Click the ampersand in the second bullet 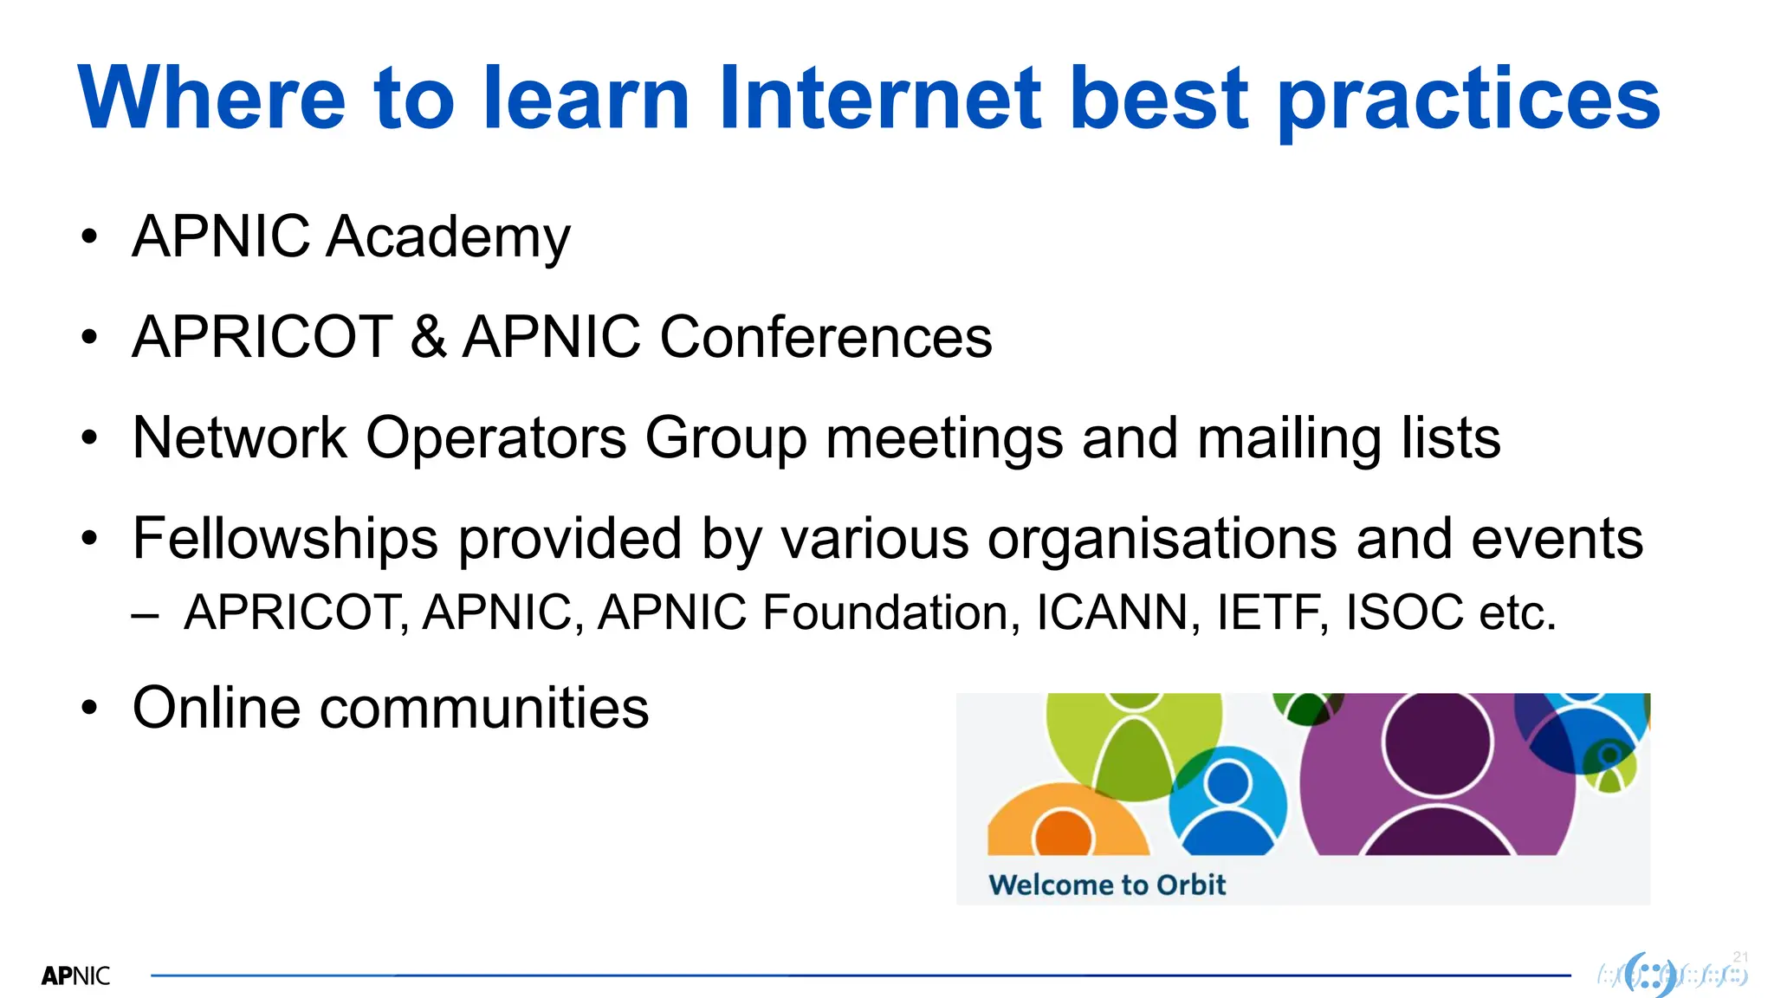pos(428,337)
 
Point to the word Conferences pos(825,337)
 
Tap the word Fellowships pos(285,539)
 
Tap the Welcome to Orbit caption pos(1107,885)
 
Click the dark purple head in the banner pos(1437,742)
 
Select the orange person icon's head pos(1062,834)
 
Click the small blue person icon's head pos(1227,782)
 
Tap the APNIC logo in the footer pos(75,976)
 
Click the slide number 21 pos(1740,957)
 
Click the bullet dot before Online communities pos(89,708)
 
